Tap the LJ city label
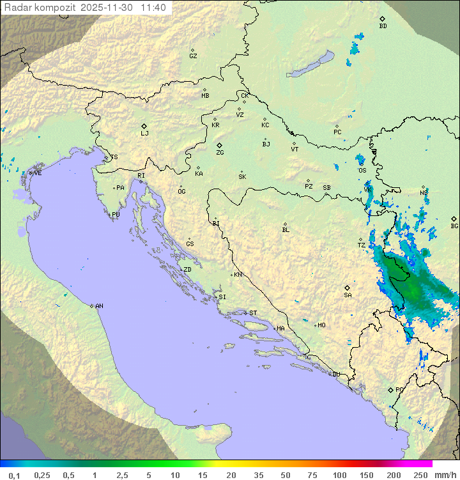pos(144,134)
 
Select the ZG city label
pos(220,153)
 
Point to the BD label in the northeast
pos(383,26)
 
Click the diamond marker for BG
pos(454,219)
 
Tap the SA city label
pos(348,295)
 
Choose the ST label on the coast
pos(253,313)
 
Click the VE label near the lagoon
pos(38,173)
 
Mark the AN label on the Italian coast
pos(99,306)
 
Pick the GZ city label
pos(193,56)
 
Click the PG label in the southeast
pos(399,389)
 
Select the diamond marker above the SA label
pos(348,288)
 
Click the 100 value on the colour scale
pos(339,475)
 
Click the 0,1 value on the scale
pos(14,475)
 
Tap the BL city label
pos(286,230)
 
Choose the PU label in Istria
pos(116,215)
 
